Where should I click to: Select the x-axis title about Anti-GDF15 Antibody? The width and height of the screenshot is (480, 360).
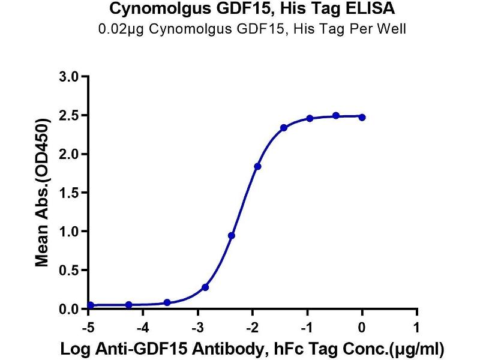(x=253, y=348)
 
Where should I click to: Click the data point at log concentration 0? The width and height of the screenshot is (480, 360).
(x=362, y=118)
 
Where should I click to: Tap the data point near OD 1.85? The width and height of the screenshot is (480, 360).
(x=257, y=166)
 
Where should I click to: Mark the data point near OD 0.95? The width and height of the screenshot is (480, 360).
(x=232, y=235)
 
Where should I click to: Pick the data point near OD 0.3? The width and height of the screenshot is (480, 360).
(x=205, y=287)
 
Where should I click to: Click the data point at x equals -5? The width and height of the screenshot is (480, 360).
(x=90, y=305)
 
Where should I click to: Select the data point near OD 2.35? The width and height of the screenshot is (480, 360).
(x=284, y=128)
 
